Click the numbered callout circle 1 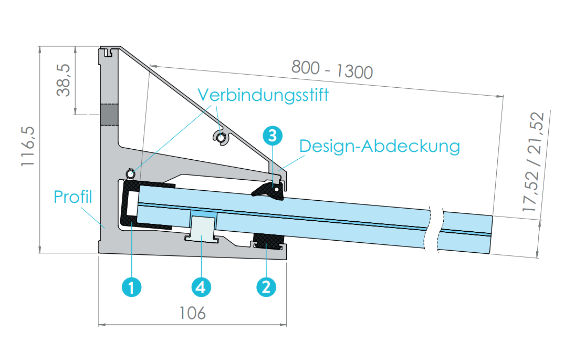pos(131,287)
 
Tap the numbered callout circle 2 pos(266,287)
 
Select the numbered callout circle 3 pos(273,135)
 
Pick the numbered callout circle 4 pos(201,287)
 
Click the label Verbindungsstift pos(263,95)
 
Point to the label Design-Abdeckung pos(380,146)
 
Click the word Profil pos(73,197)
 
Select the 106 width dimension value pos(193,313)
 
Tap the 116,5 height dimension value pos(28,146)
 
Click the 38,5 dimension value pos(64,80)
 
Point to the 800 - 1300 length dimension pos(332,69)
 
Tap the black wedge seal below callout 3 pos(268,190)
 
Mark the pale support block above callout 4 pos(202,227)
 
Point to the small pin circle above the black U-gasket pos(130,173)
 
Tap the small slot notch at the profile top pos(108,52)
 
